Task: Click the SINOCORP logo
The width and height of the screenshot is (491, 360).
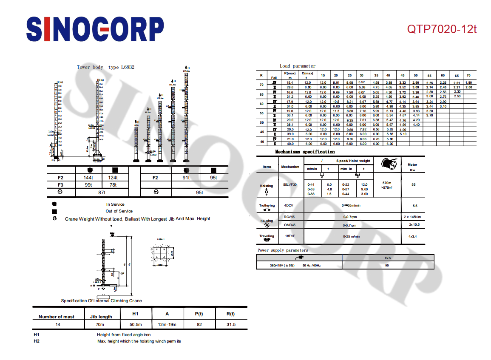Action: pos(95,29)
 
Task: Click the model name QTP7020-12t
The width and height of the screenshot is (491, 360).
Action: pos(442,29)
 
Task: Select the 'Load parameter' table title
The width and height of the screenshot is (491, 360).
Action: pos(298,66)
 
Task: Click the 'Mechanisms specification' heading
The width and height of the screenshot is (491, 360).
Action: pos(305,152)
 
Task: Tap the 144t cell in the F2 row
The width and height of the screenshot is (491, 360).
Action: pos(88,178)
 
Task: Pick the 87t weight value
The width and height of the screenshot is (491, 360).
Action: pos(101,193)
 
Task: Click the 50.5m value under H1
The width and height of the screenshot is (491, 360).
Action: pos(136,325)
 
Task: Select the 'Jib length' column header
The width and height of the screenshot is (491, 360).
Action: pos(101,317)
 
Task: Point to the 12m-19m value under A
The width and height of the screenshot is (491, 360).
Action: pos(167,325)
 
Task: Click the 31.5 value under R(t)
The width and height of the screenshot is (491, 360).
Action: pos(231,325)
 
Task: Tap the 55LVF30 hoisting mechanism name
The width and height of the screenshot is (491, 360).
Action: pos(290,184)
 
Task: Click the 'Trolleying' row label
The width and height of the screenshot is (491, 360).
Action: pos(267,206)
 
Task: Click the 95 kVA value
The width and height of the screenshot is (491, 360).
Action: pos(387,265)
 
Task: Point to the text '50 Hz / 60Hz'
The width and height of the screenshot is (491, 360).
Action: pos(312,265)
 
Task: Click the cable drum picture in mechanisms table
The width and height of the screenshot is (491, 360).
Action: pos(390,164)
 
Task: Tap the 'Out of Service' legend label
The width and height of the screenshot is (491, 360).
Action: pos(119,211)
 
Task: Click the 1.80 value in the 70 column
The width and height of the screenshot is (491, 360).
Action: pos(468,82)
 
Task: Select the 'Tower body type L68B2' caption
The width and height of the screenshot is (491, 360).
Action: pos(105,67)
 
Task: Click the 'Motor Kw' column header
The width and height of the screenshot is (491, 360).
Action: pos(412,167)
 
